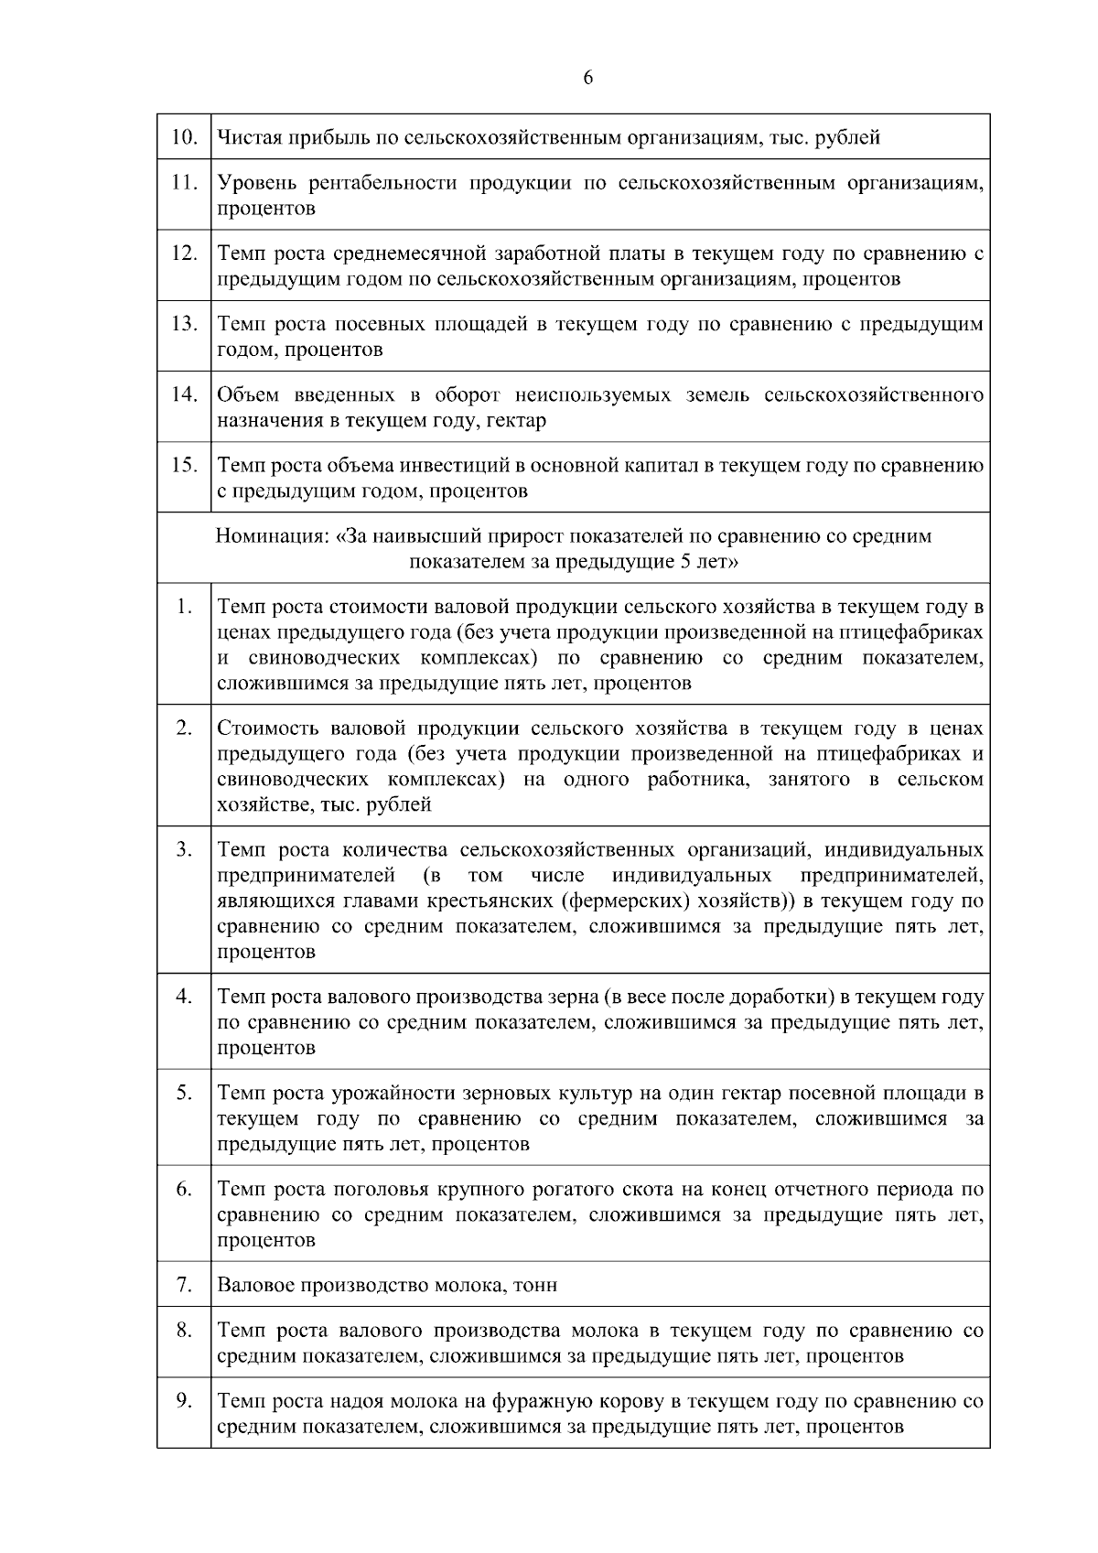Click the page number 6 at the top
click(x=587, y=78)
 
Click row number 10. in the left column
click(x=184, y=137)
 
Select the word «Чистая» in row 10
click(x=244, y=138)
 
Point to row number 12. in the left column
click(x=184, y=253)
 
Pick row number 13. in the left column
click(x=184, y=324)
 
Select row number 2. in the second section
click(x=184, y=728)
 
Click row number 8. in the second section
click(x=184, y=1330)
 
